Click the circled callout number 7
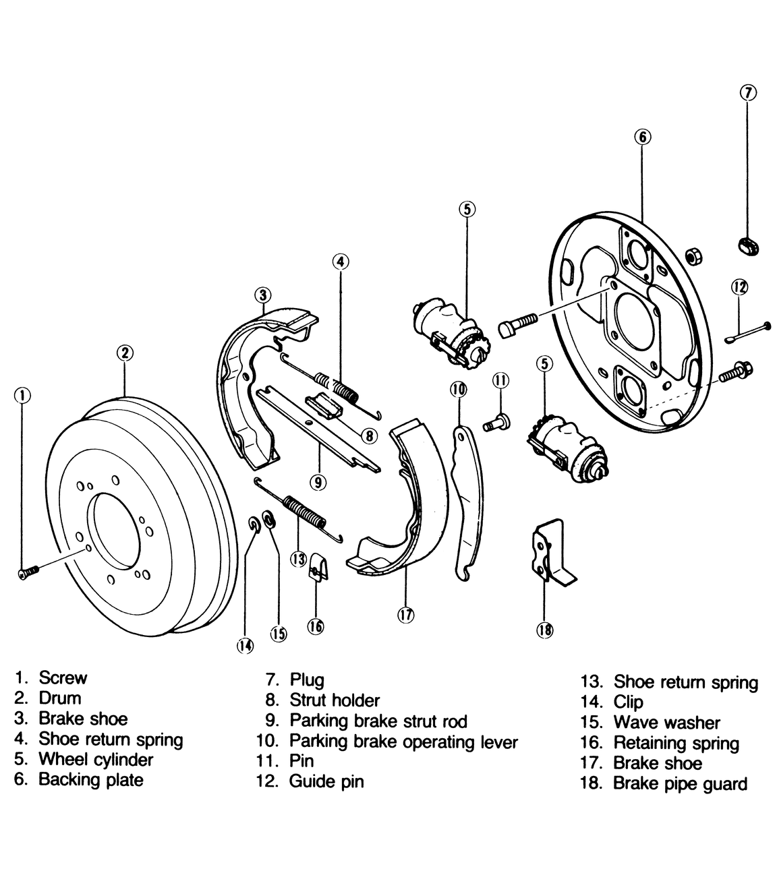(748, 92)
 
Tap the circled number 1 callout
(22, 395)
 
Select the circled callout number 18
(544, 630)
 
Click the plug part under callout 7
(747, 246)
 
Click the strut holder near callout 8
(324, 407)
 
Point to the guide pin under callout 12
(749, 332)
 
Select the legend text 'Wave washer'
(666, 723)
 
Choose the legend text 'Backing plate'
(91, 780)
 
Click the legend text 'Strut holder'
(335, 700)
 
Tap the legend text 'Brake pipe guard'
(681, 784)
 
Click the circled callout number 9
(318, 482)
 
